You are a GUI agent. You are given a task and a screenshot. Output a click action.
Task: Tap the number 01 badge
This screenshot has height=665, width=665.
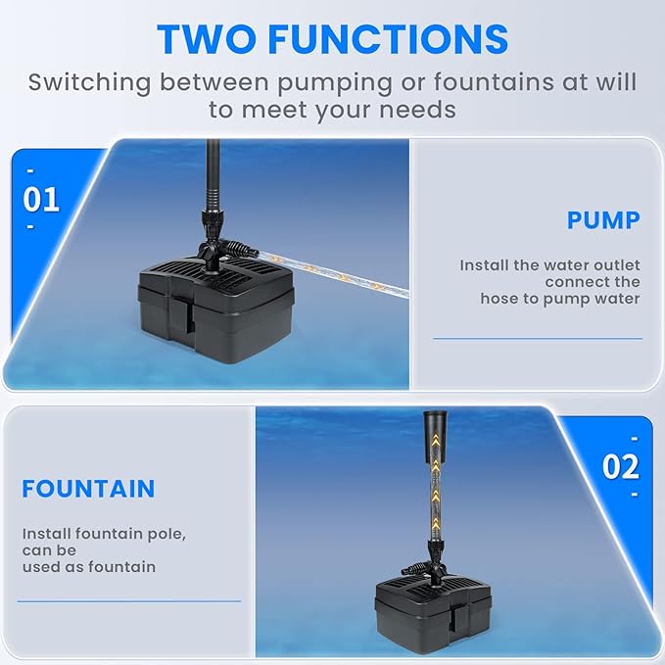pos(41,200)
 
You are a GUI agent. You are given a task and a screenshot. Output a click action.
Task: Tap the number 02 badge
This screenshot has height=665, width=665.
pos(620,466)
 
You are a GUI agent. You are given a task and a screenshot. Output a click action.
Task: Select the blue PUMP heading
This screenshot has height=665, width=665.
pos(603,220)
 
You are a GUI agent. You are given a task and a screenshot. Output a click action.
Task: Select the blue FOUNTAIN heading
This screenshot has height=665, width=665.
pos(88,489)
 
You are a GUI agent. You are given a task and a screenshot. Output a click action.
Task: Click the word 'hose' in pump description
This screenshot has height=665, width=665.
pos(501,298)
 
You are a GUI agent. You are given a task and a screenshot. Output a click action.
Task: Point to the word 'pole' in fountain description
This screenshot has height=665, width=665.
pos(165,535)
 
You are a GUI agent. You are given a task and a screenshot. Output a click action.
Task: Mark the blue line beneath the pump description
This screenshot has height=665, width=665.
pos(537,339)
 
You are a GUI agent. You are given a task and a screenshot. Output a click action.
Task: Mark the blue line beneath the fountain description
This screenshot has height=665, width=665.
pos(128,601)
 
